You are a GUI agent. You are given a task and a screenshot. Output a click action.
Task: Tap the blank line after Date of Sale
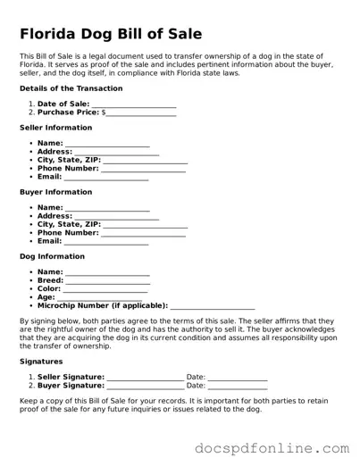pos(134,104)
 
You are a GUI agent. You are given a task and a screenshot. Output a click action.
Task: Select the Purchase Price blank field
pos(141,113)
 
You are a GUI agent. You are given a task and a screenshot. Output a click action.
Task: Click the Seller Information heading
pos(55,128)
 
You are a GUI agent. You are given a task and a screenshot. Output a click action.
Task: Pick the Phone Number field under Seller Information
pos(143,168)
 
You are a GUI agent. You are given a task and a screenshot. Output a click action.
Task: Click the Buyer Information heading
pos(55,192)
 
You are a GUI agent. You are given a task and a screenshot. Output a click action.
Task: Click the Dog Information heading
pos(52,256)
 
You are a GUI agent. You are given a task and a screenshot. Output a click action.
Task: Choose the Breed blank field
pos(108,280)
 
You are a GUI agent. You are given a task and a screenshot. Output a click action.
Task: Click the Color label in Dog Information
pos(49,289)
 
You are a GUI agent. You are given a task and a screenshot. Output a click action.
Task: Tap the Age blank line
pos(102,297)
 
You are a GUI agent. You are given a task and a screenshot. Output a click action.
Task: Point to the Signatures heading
pos(41,362)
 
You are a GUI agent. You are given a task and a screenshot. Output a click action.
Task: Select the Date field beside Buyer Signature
pos(238,386)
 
